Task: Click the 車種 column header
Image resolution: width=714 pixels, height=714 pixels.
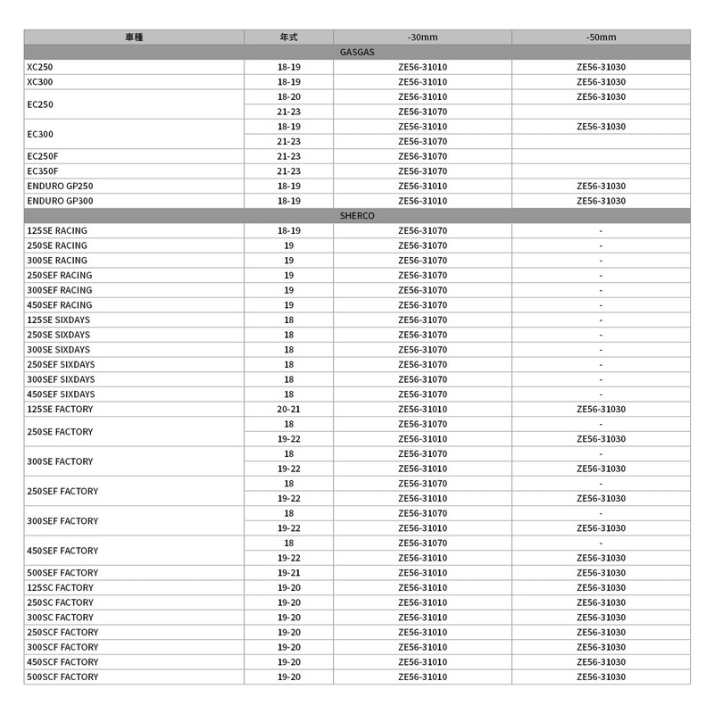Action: pos(134,37)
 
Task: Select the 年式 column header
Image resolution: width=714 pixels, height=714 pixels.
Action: pos(288,37)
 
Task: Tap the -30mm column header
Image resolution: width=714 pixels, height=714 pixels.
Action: pos(422,37)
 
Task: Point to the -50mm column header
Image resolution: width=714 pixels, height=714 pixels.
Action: pos(601,37)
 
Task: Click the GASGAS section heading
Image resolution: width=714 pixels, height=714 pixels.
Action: pos(357,52)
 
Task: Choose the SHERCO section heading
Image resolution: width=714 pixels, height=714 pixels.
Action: pos(357,216)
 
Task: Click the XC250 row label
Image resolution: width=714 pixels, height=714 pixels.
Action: pos(40,67)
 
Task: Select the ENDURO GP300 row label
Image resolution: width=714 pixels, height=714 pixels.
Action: pos(61,201)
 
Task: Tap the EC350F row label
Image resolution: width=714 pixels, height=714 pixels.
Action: pos(43,171)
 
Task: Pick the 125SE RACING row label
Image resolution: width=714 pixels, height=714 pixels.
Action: pos(57,230)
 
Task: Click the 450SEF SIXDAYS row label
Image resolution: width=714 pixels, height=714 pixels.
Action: pos(61,394)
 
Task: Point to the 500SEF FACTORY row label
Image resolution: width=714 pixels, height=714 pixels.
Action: pos(62,573)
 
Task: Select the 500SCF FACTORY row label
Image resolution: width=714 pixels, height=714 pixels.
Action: pos(62,677)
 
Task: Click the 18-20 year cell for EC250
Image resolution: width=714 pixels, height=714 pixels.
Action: pos(288,96)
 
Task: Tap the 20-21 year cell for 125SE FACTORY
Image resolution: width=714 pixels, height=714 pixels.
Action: pos(288,409)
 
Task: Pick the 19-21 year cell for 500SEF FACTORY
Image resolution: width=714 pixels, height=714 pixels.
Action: pos(288,573)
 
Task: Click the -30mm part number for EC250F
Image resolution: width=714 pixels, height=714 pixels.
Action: pos(422,156)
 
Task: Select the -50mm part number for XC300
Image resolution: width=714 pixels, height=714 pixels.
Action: pos(601,82)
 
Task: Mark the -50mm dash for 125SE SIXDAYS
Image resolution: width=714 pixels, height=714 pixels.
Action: pos(601,320)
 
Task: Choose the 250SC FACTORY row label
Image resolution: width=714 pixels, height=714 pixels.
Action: pos(60,602)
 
